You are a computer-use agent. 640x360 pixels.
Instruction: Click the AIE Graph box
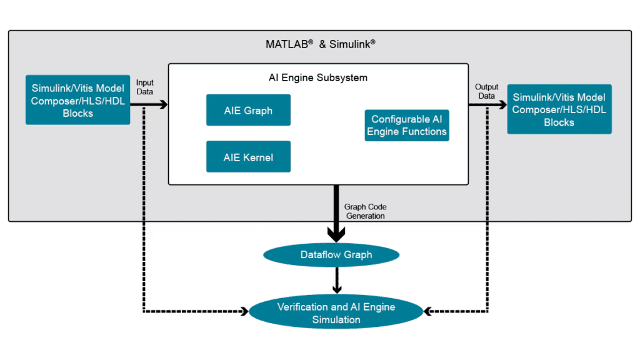tap(248, 110)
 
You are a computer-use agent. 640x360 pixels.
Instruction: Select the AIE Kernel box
tap(248, 157)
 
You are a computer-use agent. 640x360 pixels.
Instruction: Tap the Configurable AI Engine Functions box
tap(407, 125)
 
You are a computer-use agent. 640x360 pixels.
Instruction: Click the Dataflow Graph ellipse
tap(336, 254)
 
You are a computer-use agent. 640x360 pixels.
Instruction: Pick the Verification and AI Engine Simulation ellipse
tap(336, 313)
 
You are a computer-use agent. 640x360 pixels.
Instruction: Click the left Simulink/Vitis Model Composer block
tap(77, 100)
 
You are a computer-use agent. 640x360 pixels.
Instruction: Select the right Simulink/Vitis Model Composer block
tap(559, 109)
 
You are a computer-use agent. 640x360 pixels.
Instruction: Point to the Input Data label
tap(144, 87)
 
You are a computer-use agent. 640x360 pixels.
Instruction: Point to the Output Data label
tap(486, 91)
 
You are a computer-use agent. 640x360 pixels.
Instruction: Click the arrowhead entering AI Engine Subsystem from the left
tap(164, 104)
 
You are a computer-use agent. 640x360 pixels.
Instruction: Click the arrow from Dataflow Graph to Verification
tap(336, 279)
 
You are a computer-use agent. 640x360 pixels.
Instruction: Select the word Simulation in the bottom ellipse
tap(336, 320)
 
